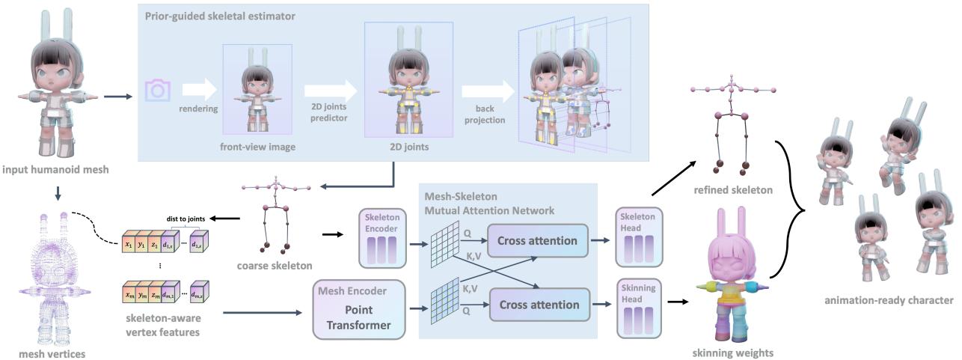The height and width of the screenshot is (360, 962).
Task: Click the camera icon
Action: point(159,91)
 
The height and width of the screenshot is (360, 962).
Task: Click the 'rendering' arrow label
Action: point(199,109)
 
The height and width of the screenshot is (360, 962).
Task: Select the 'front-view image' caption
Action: point(257,147)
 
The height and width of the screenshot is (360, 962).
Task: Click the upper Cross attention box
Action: point(537,240)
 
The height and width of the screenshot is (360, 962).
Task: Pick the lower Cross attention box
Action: point(538,305)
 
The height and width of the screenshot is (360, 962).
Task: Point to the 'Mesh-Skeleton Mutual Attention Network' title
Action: point(489,204)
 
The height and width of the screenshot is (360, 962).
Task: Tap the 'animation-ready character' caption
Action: point(889,300)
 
